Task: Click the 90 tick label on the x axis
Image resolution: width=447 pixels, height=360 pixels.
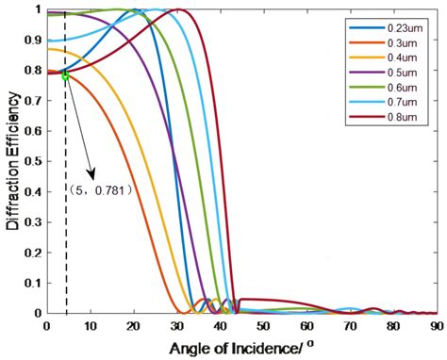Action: point(436,326)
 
